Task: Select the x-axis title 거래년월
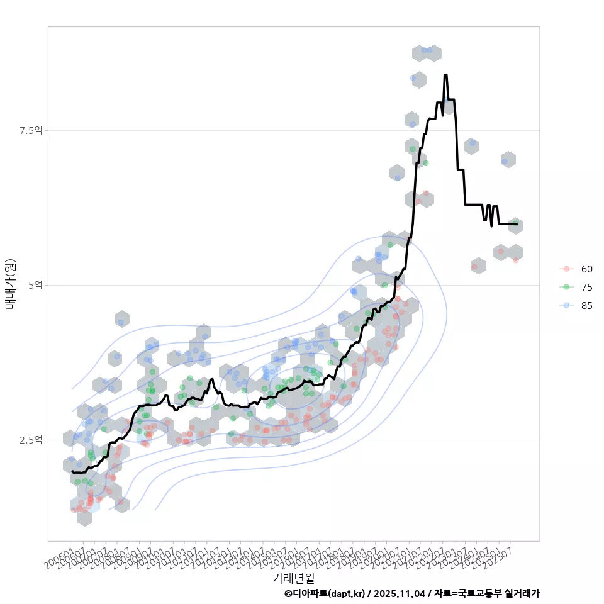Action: pos(293,578)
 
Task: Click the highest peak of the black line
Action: pos(445,75)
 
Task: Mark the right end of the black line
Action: pos(517,223)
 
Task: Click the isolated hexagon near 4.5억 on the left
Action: pos(121,320)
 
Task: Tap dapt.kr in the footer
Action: pos(347,593)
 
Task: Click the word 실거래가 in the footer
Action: pos(522,593)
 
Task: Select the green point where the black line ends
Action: pos(516,223)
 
